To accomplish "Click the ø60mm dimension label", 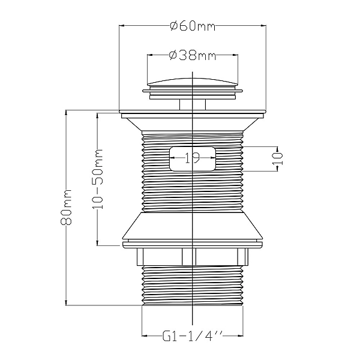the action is point(193,26).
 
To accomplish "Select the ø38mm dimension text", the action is point(193,56).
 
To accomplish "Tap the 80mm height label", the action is point(66,208).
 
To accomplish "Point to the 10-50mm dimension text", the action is point(98,179).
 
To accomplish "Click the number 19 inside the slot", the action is point(192,158).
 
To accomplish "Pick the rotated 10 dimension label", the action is point(277,159).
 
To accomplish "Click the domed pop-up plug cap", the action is point(192,82).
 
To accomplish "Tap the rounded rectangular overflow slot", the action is point(193,158).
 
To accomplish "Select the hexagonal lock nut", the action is point(193,257).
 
